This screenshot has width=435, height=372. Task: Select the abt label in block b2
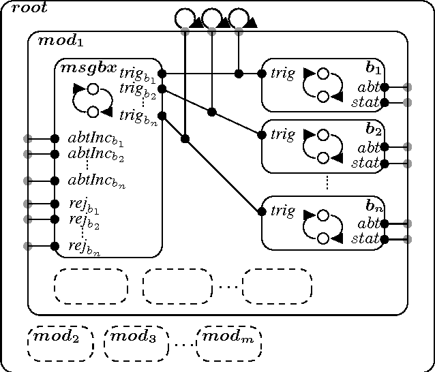pyautogui.click(x=368, y=146)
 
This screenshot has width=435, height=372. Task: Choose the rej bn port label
pyautogui.click(x=83, y=247)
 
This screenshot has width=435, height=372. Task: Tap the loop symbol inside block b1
pyautogui.click(x=322, y=84)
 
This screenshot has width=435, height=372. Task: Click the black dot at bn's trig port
pyautogui.click(x=262, y=211)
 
